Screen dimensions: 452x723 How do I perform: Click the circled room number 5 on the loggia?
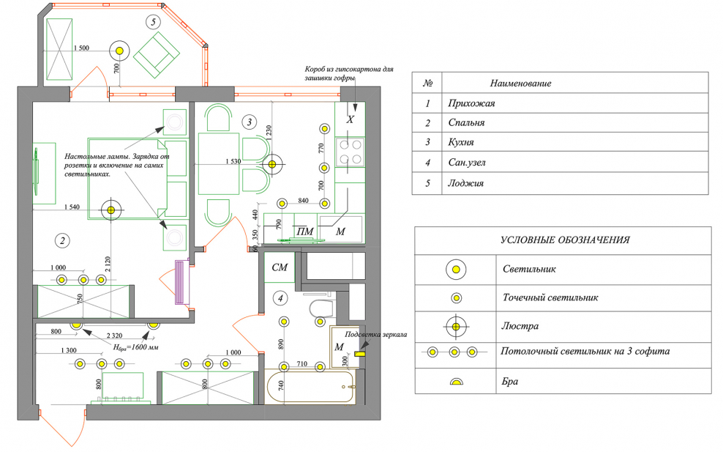(153, 22)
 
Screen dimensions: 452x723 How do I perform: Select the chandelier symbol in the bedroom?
(110, 210)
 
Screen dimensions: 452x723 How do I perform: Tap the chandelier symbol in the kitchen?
(271, 165)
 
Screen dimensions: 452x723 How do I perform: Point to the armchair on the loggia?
(156, 54)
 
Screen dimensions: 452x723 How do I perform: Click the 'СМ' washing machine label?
(280, 268)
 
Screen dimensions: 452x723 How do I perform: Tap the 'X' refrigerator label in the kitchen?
(350, 119)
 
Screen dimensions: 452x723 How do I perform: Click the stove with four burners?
(350, 152)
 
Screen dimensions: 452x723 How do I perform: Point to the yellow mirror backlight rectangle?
(360, 354)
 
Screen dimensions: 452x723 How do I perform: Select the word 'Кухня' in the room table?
(462, 142)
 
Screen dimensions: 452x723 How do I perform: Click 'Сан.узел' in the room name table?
(467, 163)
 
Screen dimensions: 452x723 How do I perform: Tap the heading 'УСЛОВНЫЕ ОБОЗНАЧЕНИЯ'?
(565, 240)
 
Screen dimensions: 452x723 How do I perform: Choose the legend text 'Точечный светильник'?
(550, 298)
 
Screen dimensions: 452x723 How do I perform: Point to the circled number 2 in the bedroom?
(63, 240)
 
